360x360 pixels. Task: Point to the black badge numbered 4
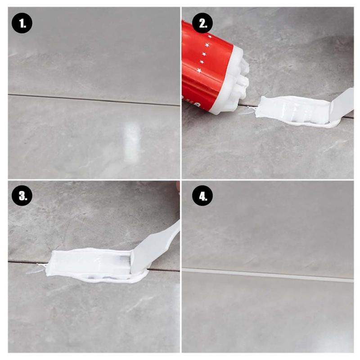click(202, 197)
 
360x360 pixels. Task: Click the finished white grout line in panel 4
click(270, 274)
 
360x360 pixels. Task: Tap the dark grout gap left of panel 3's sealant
click(27, 261)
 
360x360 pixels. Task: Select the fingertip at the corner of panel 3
click(178, 186)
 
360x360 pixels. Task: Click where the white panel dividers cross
click(181, 180)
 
